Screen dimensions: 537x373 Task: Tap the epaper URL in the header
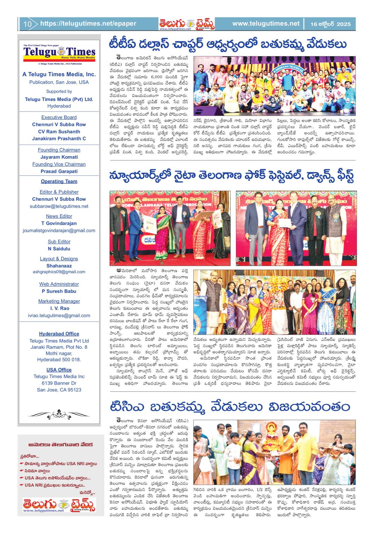88,23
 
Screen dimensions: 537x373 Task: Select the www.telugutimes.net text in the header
265,23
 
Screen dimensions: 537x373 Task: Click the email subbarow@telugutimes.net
59,206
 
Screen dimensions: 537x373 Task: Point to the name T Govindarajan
59,223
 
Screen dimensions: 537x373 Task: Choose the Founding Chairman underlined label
59,150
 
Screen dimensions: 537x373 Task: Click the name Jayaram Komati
59,157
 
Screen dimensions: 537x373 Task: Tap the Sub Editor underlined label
59,241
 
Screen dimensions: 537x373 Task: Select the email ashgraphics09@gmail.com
59,272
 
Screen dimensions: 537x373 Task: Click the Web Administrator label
59,284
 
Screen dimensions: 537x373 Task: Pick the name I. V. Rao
59,308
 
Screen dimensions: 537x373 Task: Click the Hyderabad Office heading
59,334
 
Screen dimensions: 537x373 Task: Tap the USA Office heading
59,370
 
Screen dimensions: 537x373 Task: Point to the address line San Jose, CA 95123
59,390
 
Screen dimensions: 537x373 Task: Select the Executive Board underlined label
59,117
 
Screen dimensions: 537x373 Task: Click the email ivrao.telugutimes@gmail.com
59,315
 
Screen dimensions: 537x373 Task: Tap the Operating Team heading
59,181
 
